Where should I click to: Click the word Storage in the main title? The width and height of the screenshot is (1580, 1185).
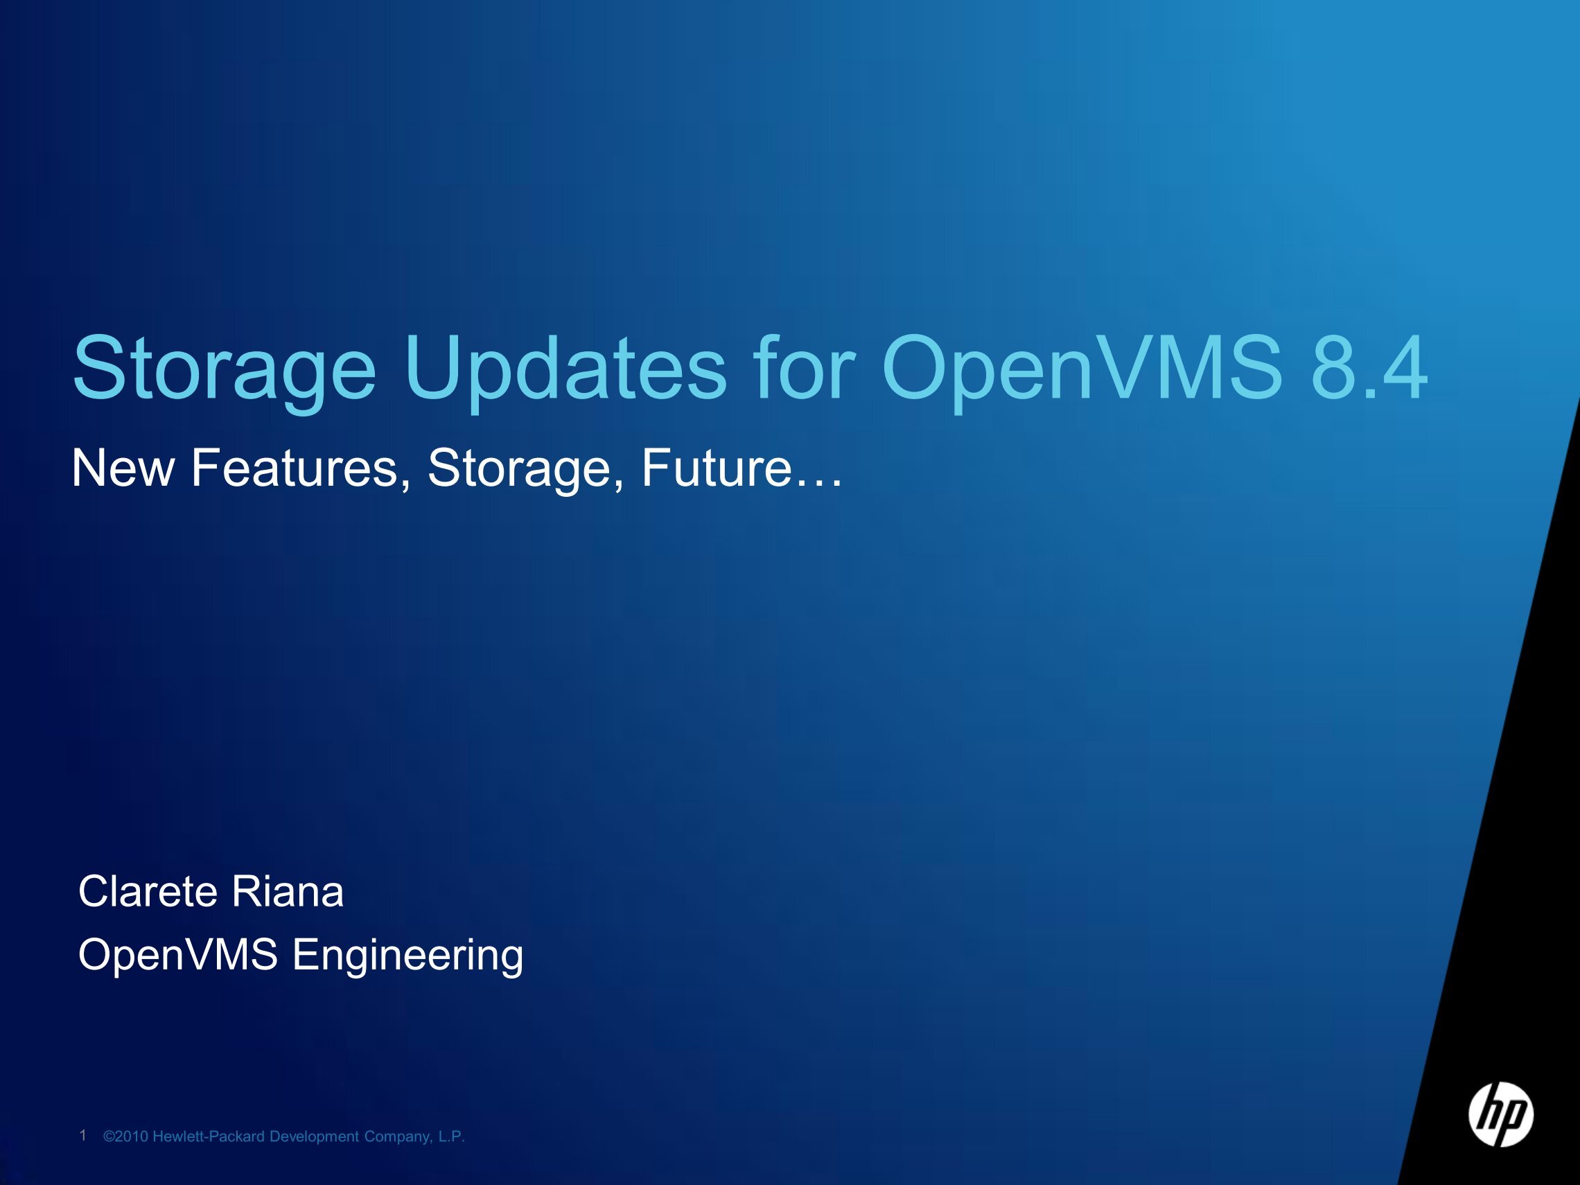pyautogui.click(x=225, y=370)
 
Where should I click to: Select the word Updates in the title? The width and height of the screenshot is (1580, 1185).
pyautogui.click(x=565, y=370)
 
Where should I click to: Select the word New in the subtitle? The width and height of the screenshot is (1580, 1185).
pyautogui.click(x=123, y=468)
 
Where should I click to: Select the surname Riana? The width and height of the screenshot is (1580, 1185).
pyautogui.click(x=288, y=891)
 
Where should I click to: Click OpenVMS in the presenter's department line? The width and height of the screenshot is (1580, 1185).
pyautogui.click(x=178, y=955)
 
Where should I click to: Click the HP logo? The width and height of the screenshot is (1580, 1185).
pyautogui.click(x=1501, y=1115)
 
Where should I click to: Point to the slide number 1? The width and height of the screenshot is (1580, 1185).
pyautogui.click(x=83, y=1135)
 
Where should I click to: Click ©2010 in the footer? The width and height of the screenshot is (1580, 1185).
pyautogui.click(x=125, y=1136)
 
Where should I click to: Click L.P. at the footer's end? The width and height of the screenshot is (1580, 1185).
pyautogui.click(x=451, y=1136)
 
